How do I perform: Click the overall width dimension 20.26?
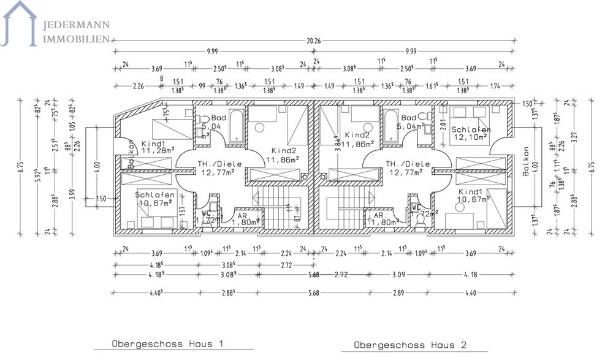[313, 41]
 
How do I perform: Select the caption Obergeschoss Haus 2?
[411, 345]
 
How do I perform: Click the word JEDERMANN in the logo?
[75, 25]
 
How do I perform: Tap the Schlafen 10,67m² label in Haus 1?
[155, 199]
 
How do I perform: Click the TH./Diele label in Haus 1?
[219, 168]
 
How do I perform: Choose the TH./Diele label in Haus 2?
[407, 168]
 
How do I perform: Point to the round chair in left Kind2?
[260, 128]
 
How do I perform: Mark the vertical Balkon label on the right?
[525, 162]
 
